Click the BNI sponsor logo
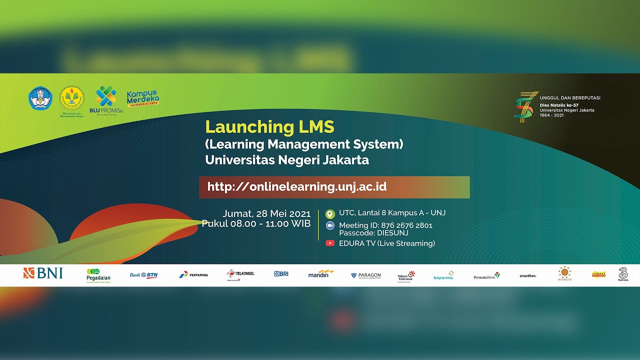[x=43, y=273]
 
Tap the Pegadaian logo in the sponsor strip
[x=98, y=275]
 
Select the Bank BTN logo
[x=144, y=275]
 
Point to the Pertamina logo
[x=193, y=274]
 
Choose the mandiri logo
[x=320, y=274]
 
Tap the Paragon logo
[x=365, y=275]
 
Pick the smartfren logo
[x=528, y=275]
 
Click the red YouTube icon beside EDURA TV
[x=330, y=243]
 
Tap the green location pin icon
[x=329, y=213]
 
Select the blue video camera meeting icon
[x=330, y=225]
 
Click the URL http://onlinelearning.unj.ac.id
[x=296, y=187]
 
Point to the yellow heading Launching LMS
[x=269, y=127]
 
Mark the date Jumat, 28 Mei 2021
[x=266, y=213]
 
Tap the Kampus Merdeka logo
[x=143, y=98]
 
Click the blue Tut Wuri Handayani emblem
[x=40, y=98]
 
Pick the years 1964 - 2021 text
[x=551, y=115]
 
